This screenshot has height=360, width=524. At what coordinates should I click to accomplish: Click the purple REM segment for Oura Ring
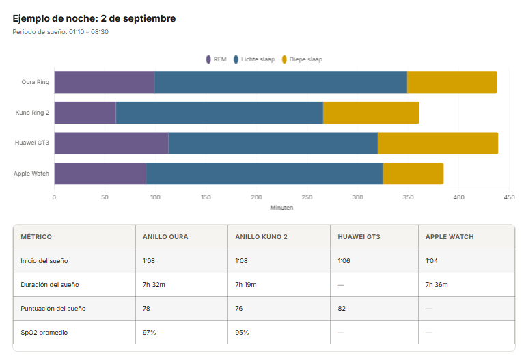coord(105,82)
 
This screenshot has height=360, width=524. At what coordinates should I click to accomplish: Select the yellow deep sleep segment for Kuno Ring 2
coord(371,113)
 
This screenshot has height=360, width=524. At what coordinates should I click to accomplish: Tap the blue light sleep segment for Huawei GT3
coord(273,143)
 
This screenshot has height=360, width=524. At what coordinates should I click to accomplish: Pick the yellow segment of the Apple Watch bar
coord(413,174)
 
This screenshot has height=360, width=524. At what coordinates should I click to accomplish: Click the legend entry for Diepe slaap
coord(302,59)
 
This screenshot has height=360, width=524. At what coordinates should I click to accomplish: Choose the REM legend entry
coord(216,59)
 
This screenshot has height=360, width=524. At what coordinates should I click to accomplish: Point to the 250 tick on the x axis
coord(307,197)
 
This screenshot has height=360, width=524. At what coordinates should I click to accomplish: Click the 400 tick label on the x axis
coord(458,197)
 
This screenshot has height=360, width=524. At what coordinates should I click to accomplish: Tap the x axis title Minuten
coord(281,208)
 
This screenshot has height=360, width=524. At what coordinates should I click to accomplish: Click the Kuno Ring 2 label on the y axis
coord(32,113)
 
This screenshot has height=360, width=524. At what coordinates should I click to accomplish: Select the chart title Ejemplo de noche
coord(94,18)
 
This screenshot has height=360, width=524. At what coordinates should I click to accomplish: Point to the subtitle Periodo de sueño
coord(61,32)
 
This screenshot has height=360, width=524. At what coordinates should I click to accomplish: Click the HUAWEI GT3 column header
coord(359,236)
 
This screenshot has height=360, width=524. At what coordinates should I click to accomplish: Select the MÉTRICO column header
coord(36,236)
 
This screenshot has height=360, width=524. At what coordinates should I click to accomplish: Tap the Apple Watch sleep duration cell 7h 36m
coord(437,285)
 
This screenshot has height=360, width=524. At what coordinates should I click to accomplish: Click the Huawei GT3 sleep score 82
coord(342,309)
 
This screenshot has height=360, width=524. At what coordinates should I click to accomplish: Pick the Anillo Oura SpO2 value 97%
coord(150,333)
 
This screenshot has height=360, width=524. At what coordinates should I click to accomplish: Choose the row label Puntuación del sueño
coord(53,309)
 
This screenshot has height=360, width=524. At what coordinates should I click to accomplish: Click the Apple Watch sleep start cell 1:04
coord(432,261)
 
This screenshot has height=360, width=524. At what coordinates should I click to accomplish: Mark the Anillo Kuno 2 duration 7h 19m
coord(246,285)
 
